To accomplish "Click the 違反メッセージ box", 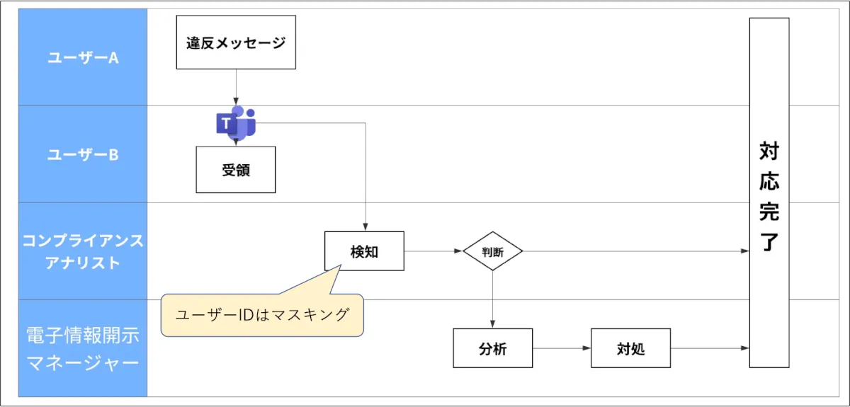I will pos(236,43).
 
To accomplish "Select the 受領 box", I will pos(236,170).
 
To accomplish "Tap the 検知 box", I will pos(364,251).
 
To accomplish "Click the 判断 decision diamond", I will pos(493,251).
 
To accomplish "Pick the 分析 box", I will pos(493,348).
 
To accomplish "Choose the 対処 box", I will pos(630,348).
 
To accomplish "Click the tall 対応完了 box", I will pos(769,193).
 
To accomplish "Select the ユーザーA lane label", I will pos(83,58).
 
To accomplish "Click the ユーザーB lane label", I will pos(83,155).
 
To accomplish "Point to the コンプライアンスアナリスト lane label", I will pos(83,251).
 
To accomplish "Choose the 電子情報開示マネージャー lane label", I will pos(83,349).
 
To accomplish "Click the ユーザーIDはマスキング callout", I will pos(262,315).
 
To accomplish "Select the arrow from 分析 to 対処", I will pos(562,348).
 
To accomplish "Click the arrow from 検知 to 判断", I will pos(433,251).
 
